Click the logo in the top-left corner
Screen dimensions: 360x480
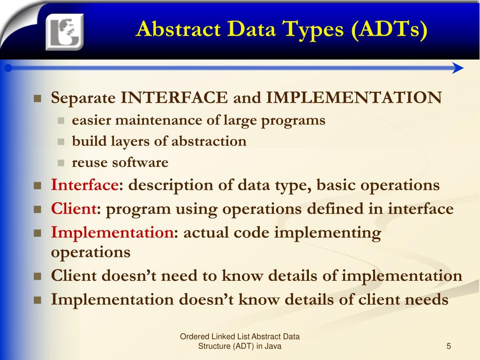click(64, 31)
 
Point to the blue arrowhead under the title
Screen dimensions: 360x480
click(458, 68)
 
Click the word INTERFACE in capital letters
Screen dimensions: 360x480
click(174, 98)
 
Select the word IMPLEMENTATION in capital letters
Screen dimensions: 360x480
click(354, 98)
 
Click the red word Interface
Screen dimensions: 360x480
click(85, 185)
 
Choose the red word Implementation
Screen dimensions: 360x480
click(112, 232)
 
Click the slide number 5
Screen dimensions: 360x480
click(449, 346)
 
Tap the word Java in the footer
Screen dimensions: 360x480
click(273, 346)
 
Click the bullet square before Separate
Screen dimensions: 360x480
click(38, 99)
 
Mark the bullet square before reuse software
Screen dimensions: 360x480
click(60, 163)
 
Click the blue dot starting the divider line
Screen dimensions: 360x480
click(7, 68)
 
